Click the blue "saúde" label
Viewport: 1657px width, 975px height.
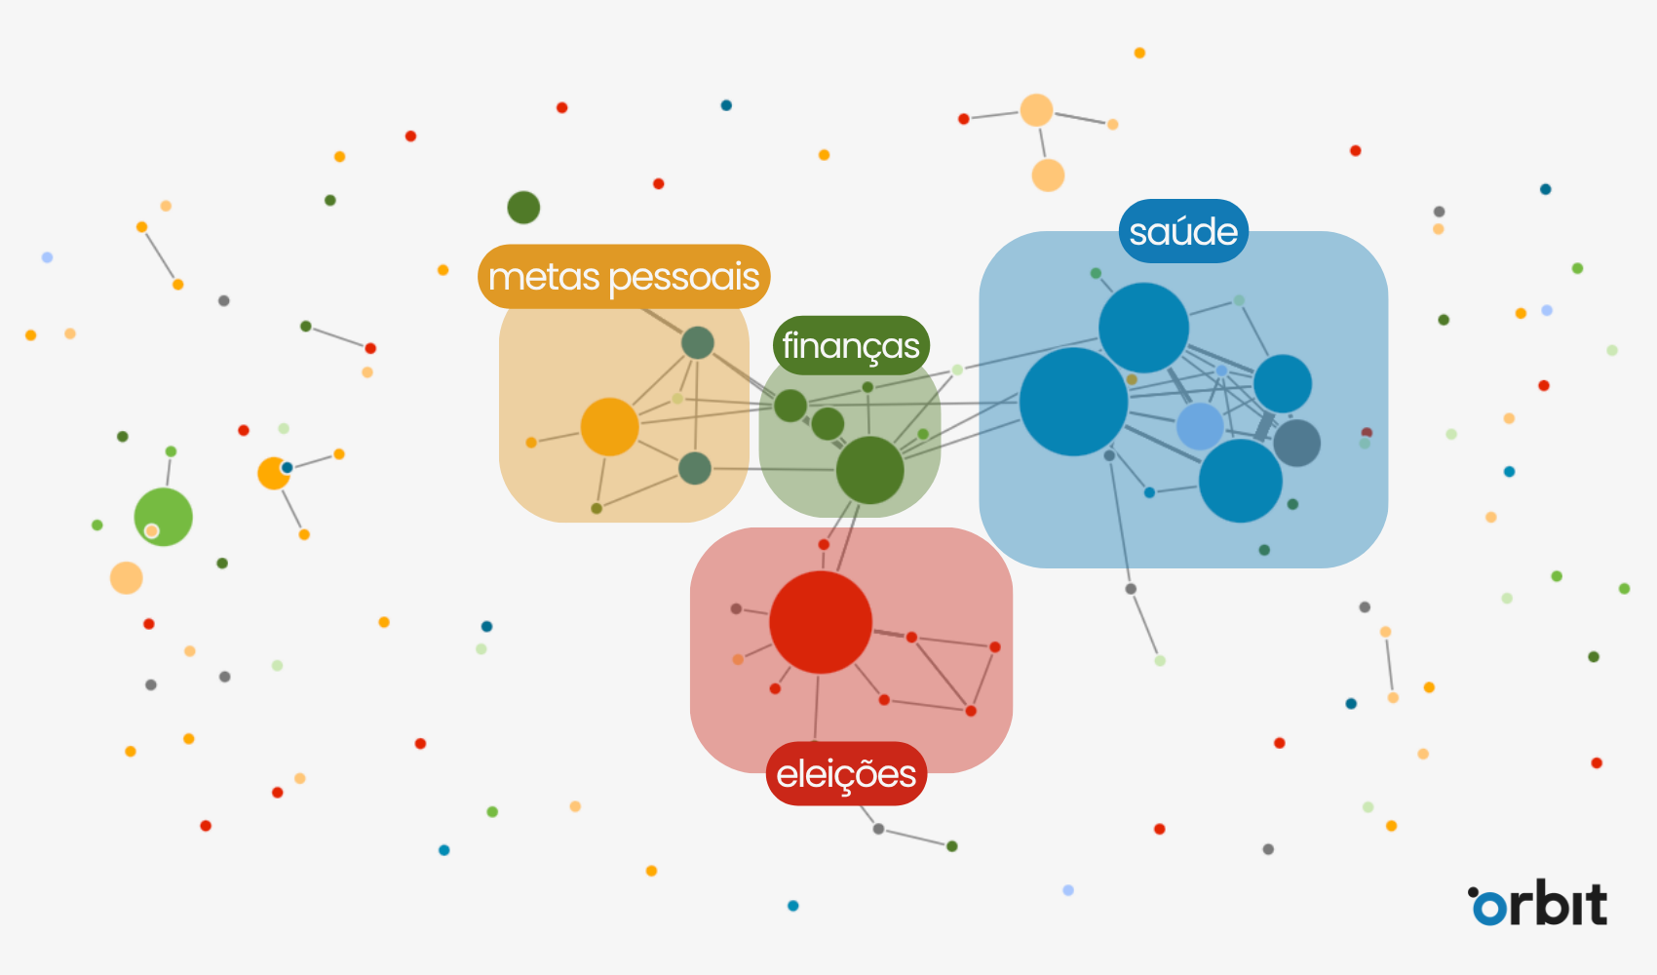1183,232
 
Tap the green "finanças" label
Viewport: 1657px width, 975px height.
851,346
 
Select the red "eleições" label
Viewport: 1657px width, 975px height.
846,774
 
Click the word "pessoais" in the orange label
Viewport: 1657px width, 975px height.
683,278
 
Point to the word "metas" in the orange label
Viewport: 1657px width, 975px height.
544,278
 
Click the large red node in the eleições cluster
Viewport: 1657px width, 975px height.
821,622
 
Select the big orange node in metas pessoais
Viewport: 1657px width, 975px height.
609,427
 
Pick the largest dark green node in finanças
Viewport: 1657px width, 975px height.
869,470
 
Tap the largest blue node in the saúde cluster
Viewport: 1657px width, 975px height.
1073,402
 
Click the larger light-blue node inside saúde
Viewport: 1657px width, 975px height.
1200,425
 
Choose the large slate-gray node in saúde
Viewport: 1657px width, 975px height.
1297,443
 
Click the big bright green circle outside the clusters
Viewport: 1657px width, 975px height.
164,516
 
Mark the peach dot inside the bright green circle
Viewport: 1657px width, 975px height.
151,531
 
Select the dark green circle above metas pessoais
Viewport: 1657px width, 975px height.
523,207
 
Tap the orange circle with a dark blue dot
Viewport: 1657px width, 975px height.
273,474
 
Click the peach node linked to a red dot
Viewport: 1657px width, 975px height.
1036,110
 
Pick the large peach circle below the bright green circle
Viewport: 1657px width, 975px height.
126,578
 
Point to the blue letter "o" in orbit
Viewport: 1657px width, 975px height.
1488,908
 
